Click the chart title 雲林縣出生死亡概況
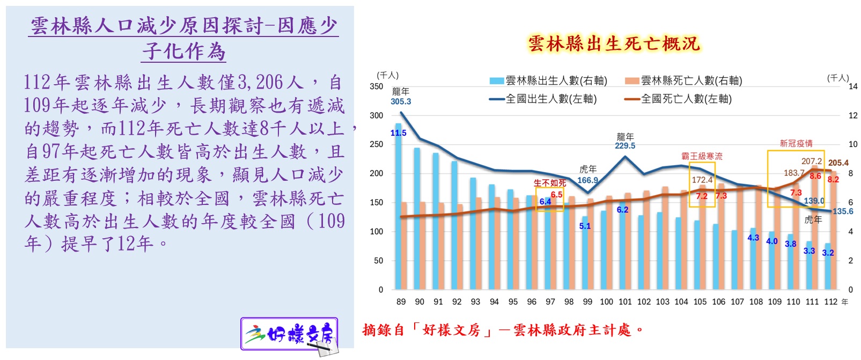[x=614, y=43]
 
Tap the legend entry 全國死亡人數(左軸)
[x=679, y=99]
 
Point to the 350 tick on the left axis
[x=377, y=86]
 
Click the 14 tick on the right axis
[x=852, y=86]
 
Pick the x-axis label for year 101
[x=625, y=302]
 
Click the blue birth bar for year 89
[x=399, y=215]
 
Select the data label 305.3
[x=401, y=101]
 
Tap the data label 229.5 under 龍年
[x=625, y=145]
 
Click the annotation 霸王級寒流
[x=702, y=156]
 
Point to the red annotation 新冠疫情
[x=796, y=143]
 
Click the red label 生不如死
[x=549, y=183]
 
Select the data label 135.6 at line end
[x=843, y=211]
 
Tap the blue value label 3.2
[x=828, y=253]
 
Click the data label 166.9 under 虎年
[x=587, y=180]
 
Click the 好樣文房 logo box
[x=289, y=334]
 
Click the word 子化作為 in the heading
[x=184, y=52]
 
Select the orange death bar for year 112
[x=834, y=236]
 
